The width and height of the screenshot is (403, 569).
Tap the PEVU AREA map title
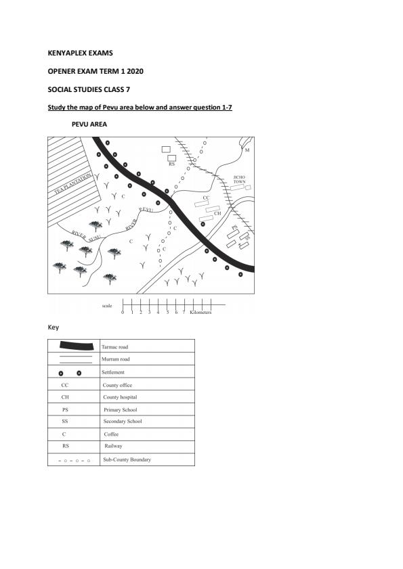89,124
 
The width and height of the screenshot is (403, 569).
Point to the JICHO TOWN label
239,180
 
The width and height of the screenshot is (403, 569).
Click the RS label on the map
171,164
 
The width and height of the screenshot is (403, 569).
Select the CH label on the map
217,213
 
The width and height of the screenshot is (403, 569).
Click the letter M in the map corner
247,150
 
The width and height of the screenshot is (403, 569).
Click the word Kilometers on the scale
201,313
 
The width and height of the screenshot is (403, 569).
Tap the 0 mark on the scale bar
123,313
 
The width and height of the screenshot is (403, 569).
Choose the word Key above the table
53,327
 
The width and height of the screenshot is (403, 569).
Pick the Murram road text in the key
116,359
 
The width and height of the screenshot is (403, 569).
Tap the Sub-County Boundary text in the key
127,459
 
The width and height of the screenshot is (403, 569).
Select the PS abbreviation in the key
65,410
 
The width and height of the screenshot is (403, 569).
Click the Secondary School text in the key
123,422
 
